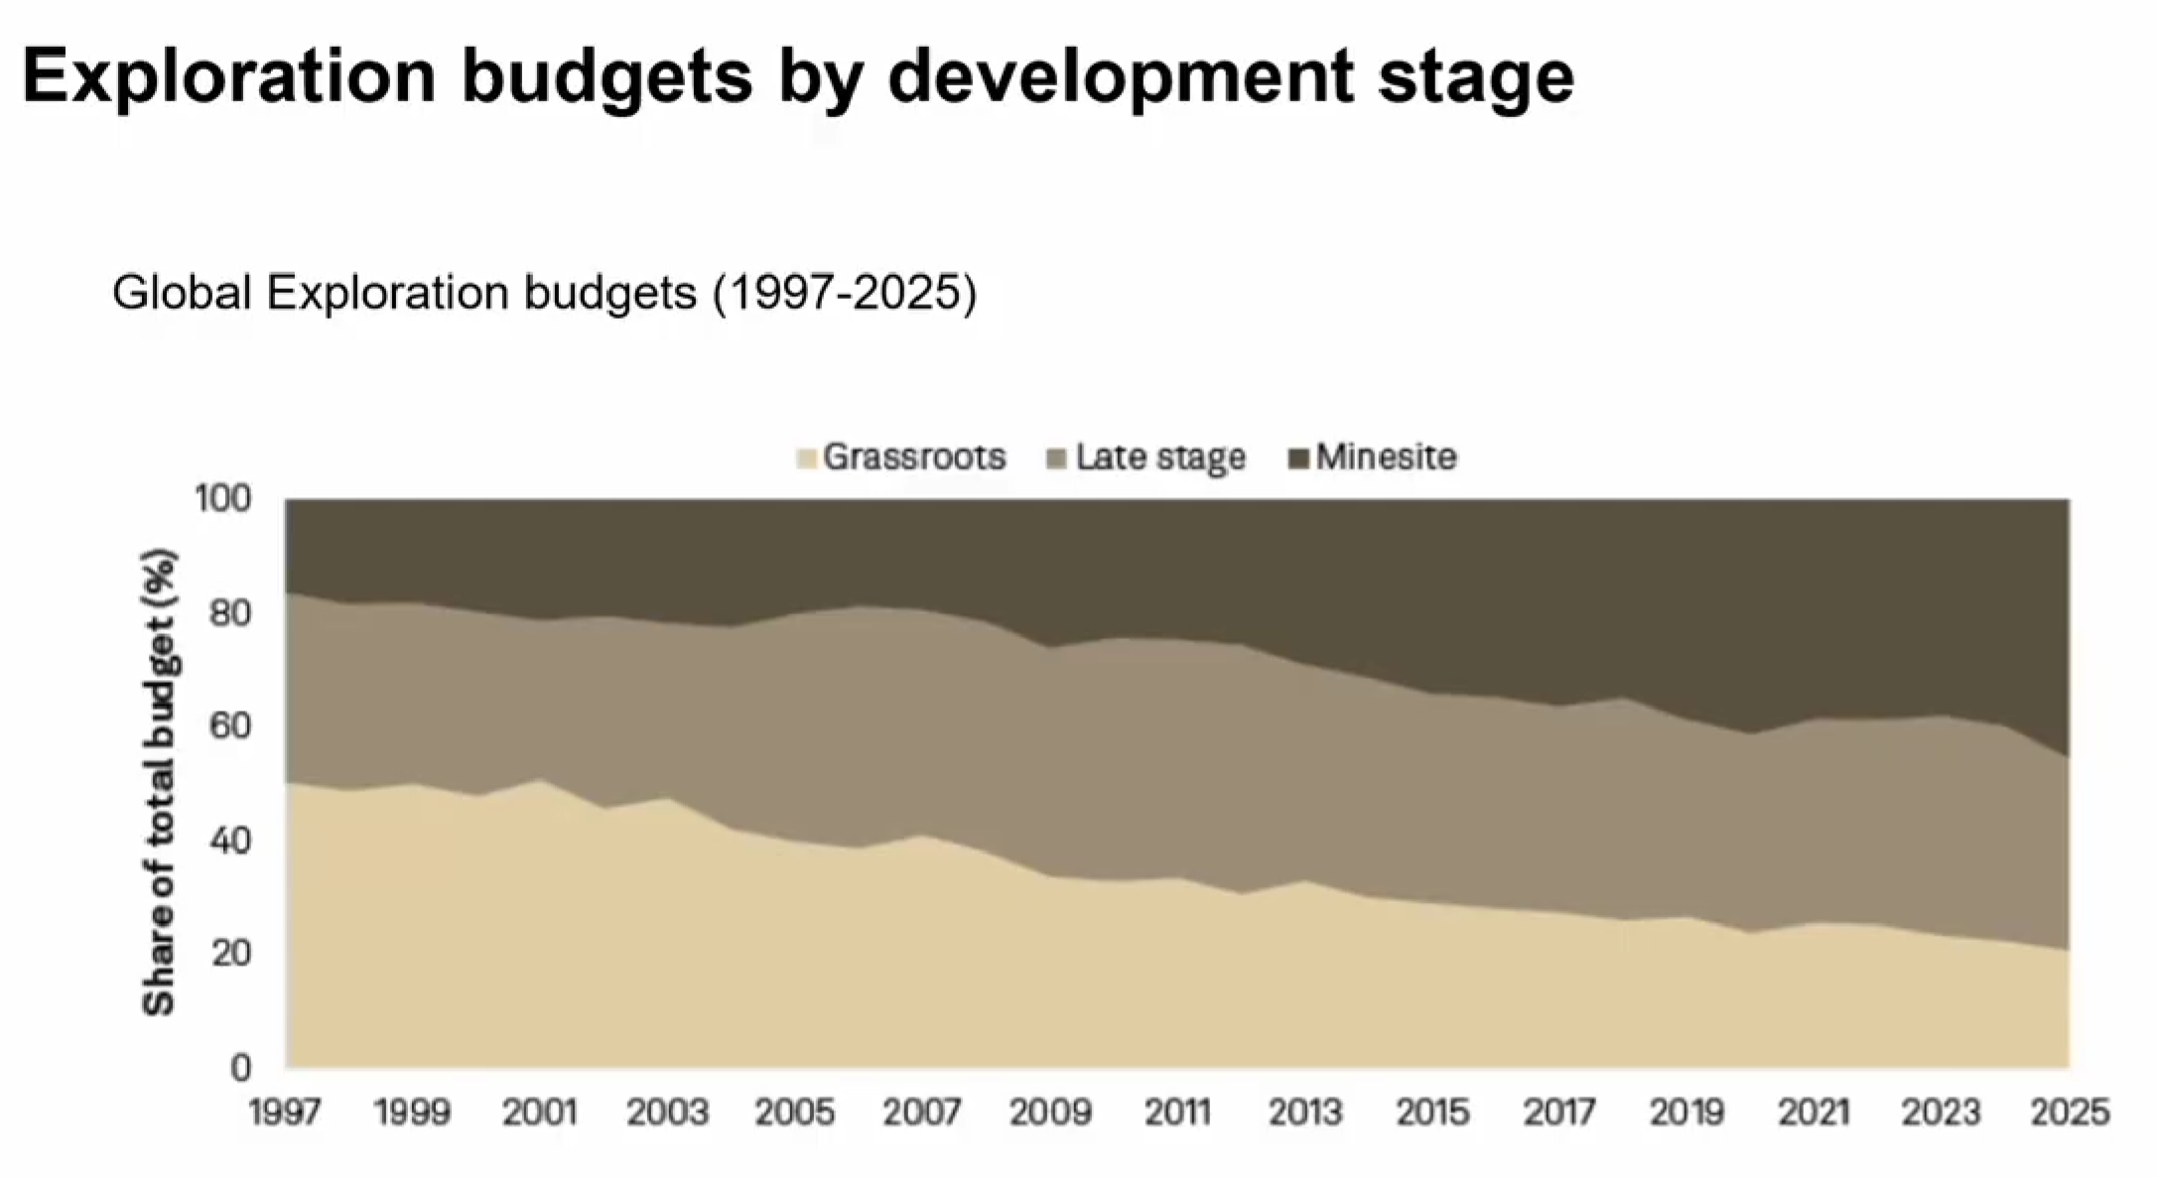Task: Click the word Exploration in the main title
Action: [229, 76]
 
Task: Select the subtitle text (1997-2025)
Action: [845, 293]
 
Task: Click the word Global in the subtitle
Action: [182, 293]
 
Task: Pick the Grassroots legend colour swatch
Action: [807, 458]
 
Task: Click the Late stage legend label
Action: [1159, 458]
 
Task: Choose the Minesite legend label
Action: [1386, 458]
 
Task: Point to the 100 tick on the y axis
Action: [223, 499]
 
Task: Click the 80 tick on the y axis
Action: [229, 613]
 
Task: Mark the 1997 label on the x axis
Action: [285, 1113]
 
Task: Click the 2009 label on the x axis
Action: [1050, 1113]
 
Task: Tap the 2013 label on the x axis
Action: [1305, 1113]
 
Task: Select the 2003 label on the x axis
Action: [667, 1113]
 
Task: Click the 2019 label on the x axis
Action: [1687, 1113]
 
